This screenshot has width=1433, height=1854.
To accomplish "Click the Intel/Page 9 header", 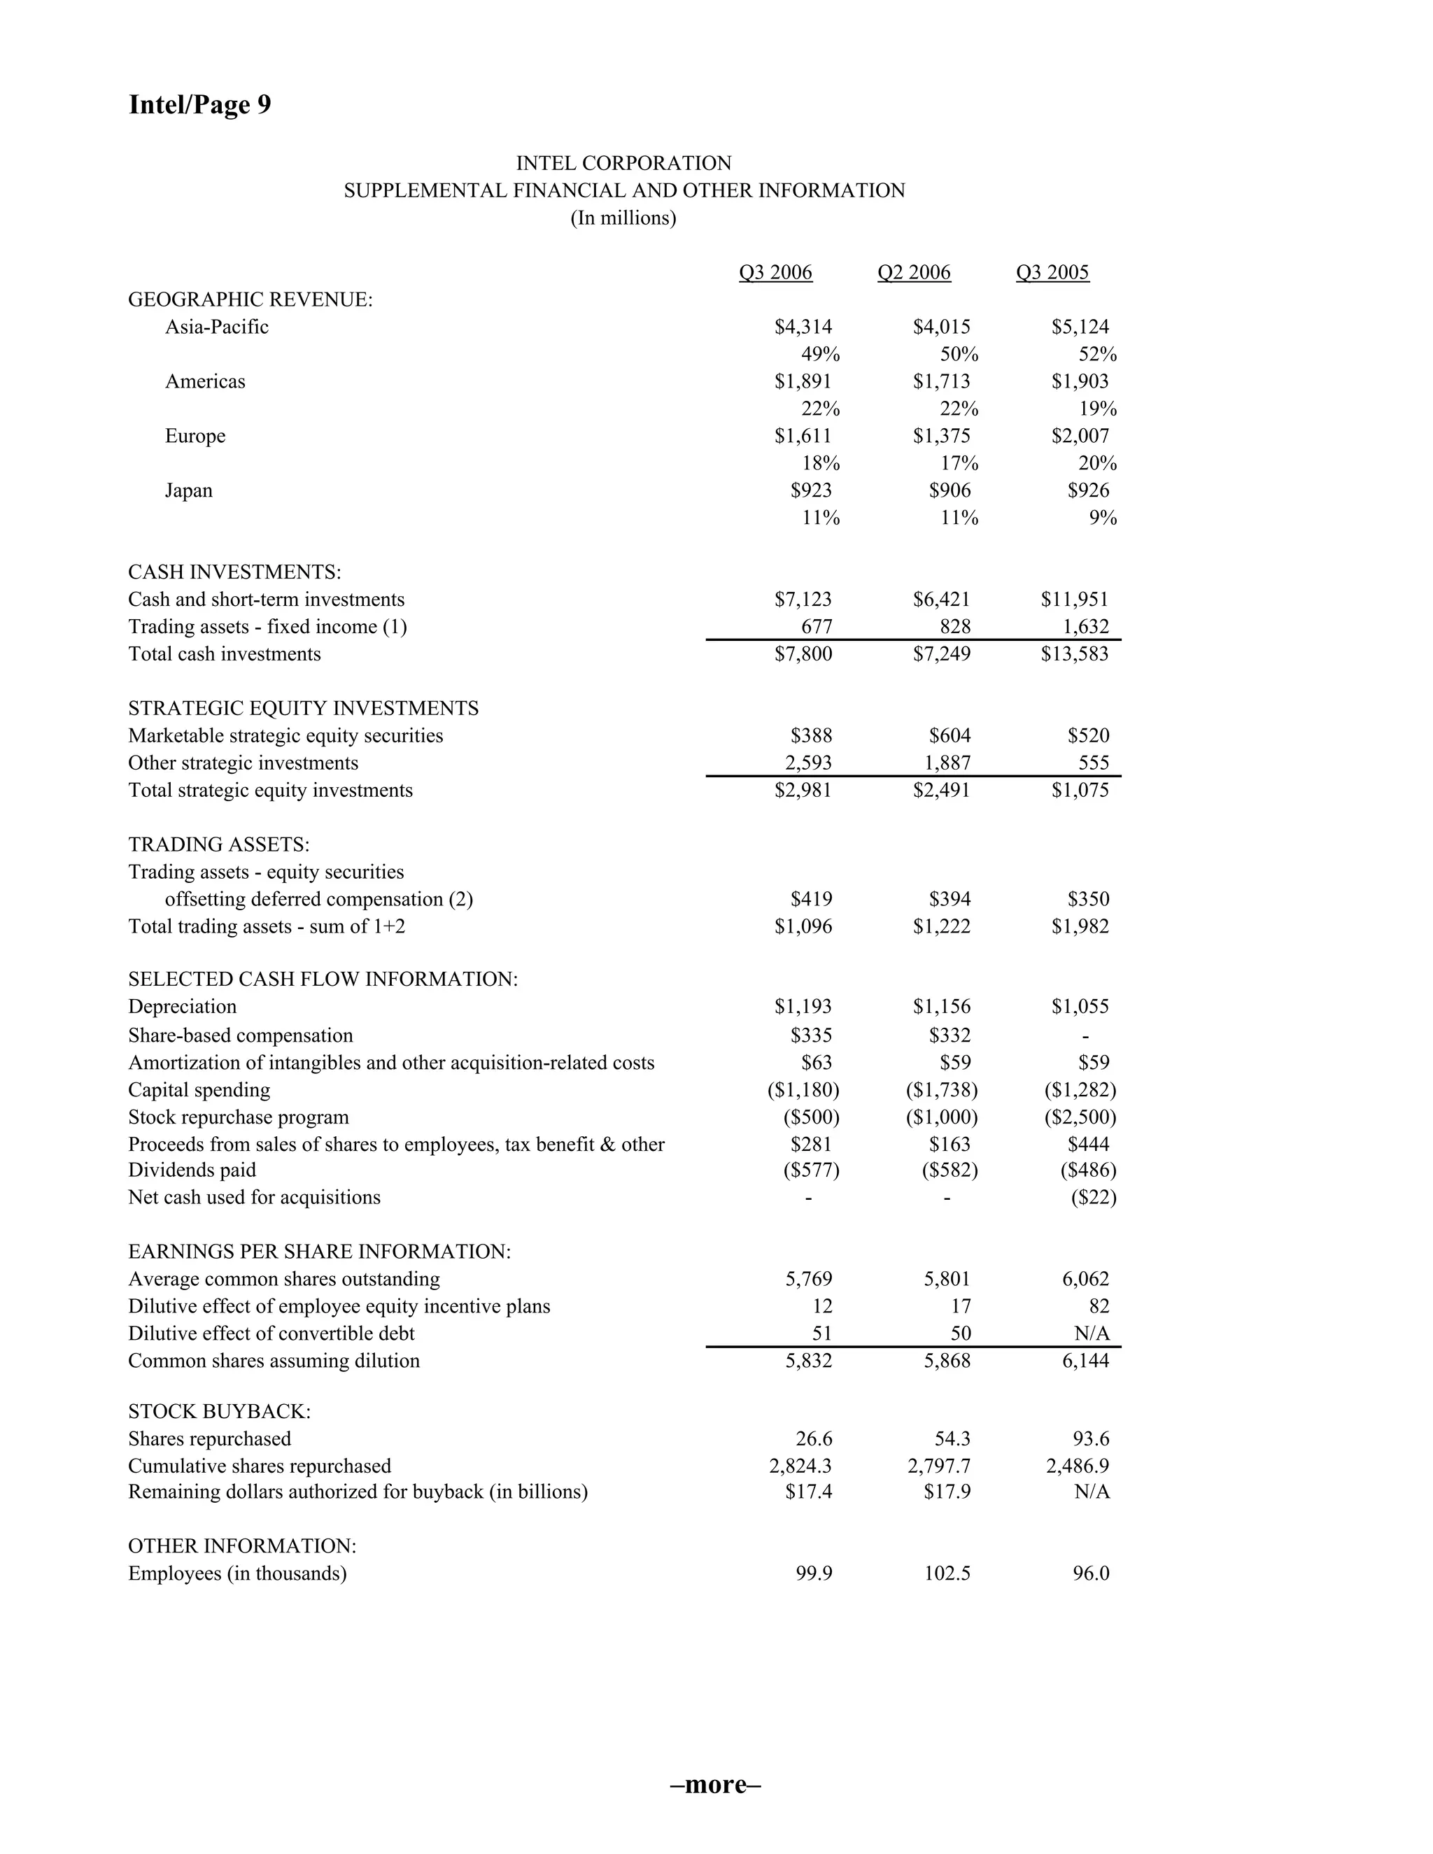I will click(x=199, y=104).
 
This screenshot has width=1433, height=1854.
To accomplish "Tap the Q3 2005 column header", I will click(x=1052, y=272).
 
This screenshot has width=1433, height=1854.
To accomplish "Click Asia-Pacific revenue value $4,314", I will click(x=803, y=327).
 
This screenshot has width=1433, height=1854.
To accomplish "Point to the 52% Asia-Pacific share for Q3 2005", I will click(x=1097, y=354).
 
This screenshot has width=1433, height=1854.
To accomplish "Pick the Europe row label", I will click(x=195, y=437).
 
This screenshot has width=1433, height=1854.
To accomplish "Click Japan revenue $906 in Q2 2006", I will click(x=950, y=490).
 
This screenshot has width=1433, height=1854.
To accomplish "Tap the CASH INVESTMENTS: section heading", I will click(x=234, y=572).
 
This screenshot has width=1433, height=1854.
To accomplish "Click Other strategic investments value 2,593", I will click(x=808, y=763).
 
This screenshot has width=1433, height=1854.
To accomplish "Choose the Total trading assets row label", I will click(x=267, y=927).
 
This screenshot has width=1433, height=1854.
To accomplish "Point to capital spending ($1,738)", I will click(x=942, y=1090).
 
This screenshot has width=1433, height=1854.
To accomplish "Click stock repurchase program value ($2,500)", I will click(x=1080, y=1117).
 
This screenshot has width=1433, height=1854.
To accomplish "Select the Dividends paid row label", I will click(x=192, y=1170).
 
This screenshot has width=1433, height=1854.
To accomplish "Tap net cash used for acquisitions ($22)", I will click(x=1094, y=1198).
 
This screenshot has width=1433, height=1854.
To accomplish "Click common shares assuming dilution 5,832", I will click(x=808, y=1361).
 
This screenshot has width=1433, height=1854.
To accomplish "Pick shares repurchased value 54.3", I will click(x=952, y=1439).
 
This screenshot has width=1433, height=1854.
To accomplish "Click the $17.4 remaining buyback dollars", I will click(x=808, y=1492).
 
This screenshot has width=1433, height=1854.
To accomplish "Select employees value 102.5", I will click(x=947, y=1574).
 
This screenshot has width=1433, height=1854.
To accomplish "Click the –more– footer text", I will click(x=716, y=1785).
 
